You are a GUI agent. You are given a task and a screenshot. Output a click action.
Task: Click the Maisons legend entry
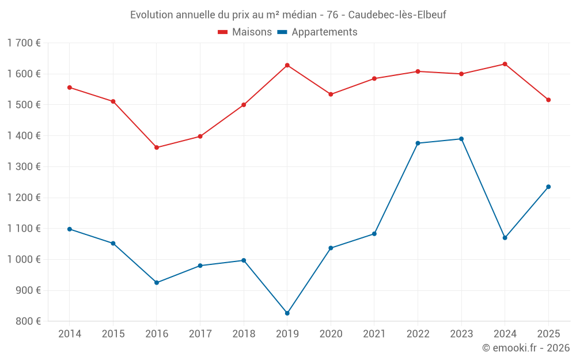click(x=245, y=32)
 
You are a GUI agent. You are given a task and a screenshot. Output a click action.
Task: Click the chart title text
click(x=288, y=14)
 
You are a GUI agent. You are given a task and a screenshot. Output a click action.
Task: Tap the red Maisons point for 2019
click(x=287, y=65)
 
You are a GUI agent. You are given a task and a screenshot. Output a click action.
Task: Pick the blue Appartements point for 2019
click(x=287, y=313)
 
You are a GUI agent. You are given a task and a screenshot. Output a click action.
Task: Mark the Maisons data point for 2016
click(x=157, y=147)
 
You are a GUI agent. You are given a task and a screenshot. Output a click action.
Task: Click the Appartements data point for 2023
click(x=461, y=139)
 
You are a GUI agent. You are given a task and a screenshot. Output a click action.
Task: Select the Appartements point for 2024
click(x=505, y=238)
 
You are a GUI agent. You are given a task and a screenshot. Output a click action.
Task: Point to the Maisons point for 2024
click(x=505, y=64)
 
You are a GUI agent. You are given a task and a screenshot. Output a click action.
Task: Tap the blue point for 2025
click(x=548, y=187)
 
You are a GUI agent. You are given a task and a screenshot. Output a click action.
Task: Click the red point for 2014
click(x=70, y=88)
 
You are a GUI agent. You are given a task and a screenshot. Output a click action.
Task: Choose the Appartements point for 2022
click(x=418, y=143)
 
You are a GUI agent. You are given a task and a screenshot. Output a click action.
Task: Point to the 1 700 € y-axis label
click(x=24, y=43)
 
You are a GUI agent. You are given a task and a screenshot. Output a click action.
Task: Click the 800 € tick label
click(x=28, y=321)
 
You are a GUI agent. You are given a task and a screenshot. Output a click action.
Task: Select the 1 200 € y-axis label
click(x=24, y=198)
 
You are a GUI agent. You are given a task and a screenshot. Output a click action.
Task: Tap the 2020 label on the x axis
click(x=331, y=334)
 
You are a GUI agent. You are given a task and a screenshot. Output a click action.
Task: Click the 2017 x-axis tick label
click(x=200, y=334)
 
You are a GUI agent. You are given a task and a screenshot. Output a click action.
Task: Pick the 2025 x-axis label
click(x=548, y=334)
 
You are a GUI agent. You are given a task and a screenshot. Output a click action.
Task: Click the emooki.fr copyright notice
click(x=525, y=348)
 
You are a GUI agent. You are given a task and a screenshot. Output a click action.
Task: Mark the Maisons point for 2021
click(x=374, y=78)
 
